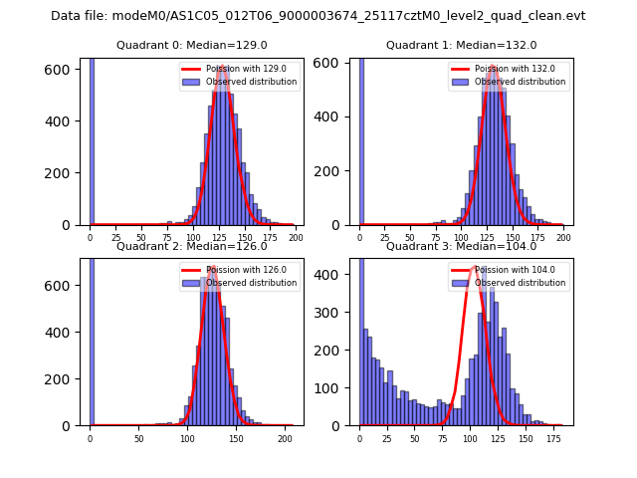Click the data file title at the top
[x=318, y=16]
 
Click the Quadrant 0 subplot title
[x=191, y=45]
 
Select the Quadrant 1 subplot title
[x=461, y=45]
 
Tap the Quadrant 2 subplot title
[x=191, y=246]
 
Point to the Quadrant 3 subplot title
[x=461, y=246]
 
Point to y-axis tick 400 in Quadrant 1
[x=337, y=120]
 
